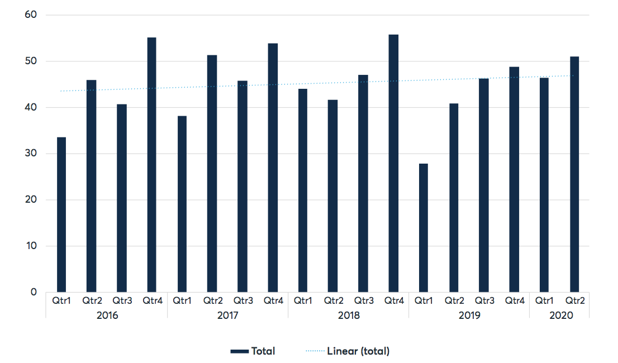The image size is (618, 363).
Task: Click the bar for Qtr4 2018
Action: pyautogui.click(x=393, y=164)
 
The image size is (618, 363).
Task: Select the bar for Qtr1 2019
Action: pyautogui.click(x=424, y=228)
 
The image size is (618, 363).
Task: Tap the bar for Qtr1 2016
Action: pyautogui.click(x=61, y=214)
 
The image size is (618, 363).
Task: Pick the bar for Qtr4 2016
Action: pyautogui.click(x=152, y=165)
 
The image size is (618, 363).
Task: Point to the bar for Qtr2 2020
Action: pyautogui.click(x=574, y=174)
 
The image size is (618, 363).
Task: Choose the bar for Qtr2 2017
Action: pyautogui.click(x=212, y=174)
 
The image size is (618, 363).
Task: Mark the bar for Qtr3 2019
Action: pyautogui.click(x=483, y=185)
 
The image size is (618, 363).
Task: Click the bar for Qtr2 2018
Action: pyautogui.click(x=332, y=196)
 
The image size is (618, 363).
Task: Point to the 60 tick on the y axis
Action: pyautogui.click(x=31, y=15)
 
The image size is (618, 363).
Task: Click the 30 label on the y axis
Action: pyautogui.click(x=31, y=153)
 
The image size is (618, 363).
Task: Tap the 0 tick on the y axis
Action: pyautogui.click(x=34, y=292)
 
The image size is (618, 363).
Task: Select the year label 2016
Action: pyautogui.click(x=107, y=316)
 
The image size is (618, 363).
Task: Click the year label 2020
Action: pyautogui.click(x=561, y=316)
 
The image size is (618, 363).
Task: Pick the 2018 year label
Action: pyautogui.click(x=349, y=316)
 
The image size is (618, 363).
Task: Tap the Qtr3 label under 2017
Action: pyautogui.click(x=243, y=301)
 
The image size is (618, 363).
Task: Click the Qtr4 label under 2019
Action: pyautogui.click(x=515, y=301)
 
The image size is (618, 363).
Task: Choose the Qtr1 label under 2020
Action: pyautogui.click(x=544, y=301)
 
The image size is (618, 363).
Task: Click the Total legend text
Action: pyautogui.click(x=263, y=351)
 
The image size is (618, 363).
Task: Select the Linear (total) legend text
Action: pyautogui.click(x=358, y=351)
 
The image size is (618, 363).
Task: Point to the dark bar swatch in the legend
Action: pyautogui.click(x=240, y=352)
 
